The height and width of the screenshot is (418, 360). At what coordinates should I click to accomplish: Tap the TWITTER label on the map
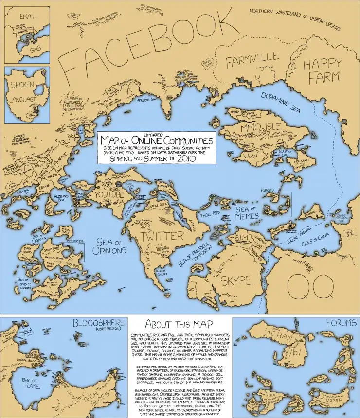(162, 237)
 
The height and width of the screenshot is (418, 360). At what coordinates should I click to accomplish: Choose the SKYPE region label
(237, 280)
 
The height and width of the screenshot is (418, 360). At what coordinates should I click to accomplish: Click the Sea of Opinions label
(111, 246)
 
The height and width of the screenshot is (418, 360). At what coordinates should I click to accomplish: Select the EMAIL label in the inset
(28, 17)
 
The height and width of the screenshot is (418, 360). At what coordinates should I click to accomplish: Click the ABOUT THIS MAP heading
(180, 324)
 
